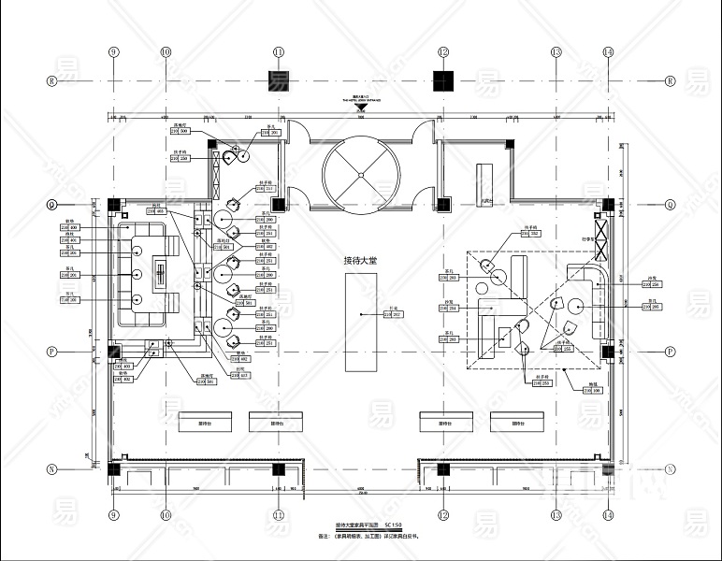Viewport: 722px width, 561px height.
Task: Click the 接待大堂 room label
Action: [x=361, y=261]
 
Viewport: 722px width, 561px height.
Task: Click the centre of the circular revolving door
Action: [x=361, y=169]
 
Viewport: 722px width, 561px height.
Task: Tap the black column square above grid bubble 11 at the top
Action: [x=279, y=80]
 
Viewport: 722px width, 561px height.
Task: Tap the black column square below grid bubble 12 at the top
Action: [x=443, y=80]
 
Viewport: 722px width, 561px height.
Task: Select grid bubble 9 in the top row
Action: [x=114, y=52]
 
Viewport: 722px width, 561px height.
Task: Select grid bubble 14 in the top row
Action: [x=608, y=52]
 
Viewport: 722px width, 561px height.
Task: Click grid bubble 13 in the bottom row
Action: [x=556, y=515]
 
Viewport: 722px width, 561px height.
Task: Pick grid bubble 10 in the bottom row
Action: [x=166, y=515]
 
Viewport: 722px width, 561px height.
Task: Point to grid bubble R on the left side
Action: [x=52, y=81]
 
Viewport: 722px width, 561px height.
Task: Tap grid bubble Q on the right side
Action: [x=670, y=204]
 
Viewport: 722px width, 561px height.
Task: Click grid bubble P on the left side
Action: [x=52, y=352]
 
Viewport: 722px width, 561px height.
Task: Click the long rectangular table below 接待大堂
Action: [x=361, y=313]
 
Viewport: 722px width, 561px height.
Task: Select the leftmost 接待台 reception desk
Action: [x=201, y=422]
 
